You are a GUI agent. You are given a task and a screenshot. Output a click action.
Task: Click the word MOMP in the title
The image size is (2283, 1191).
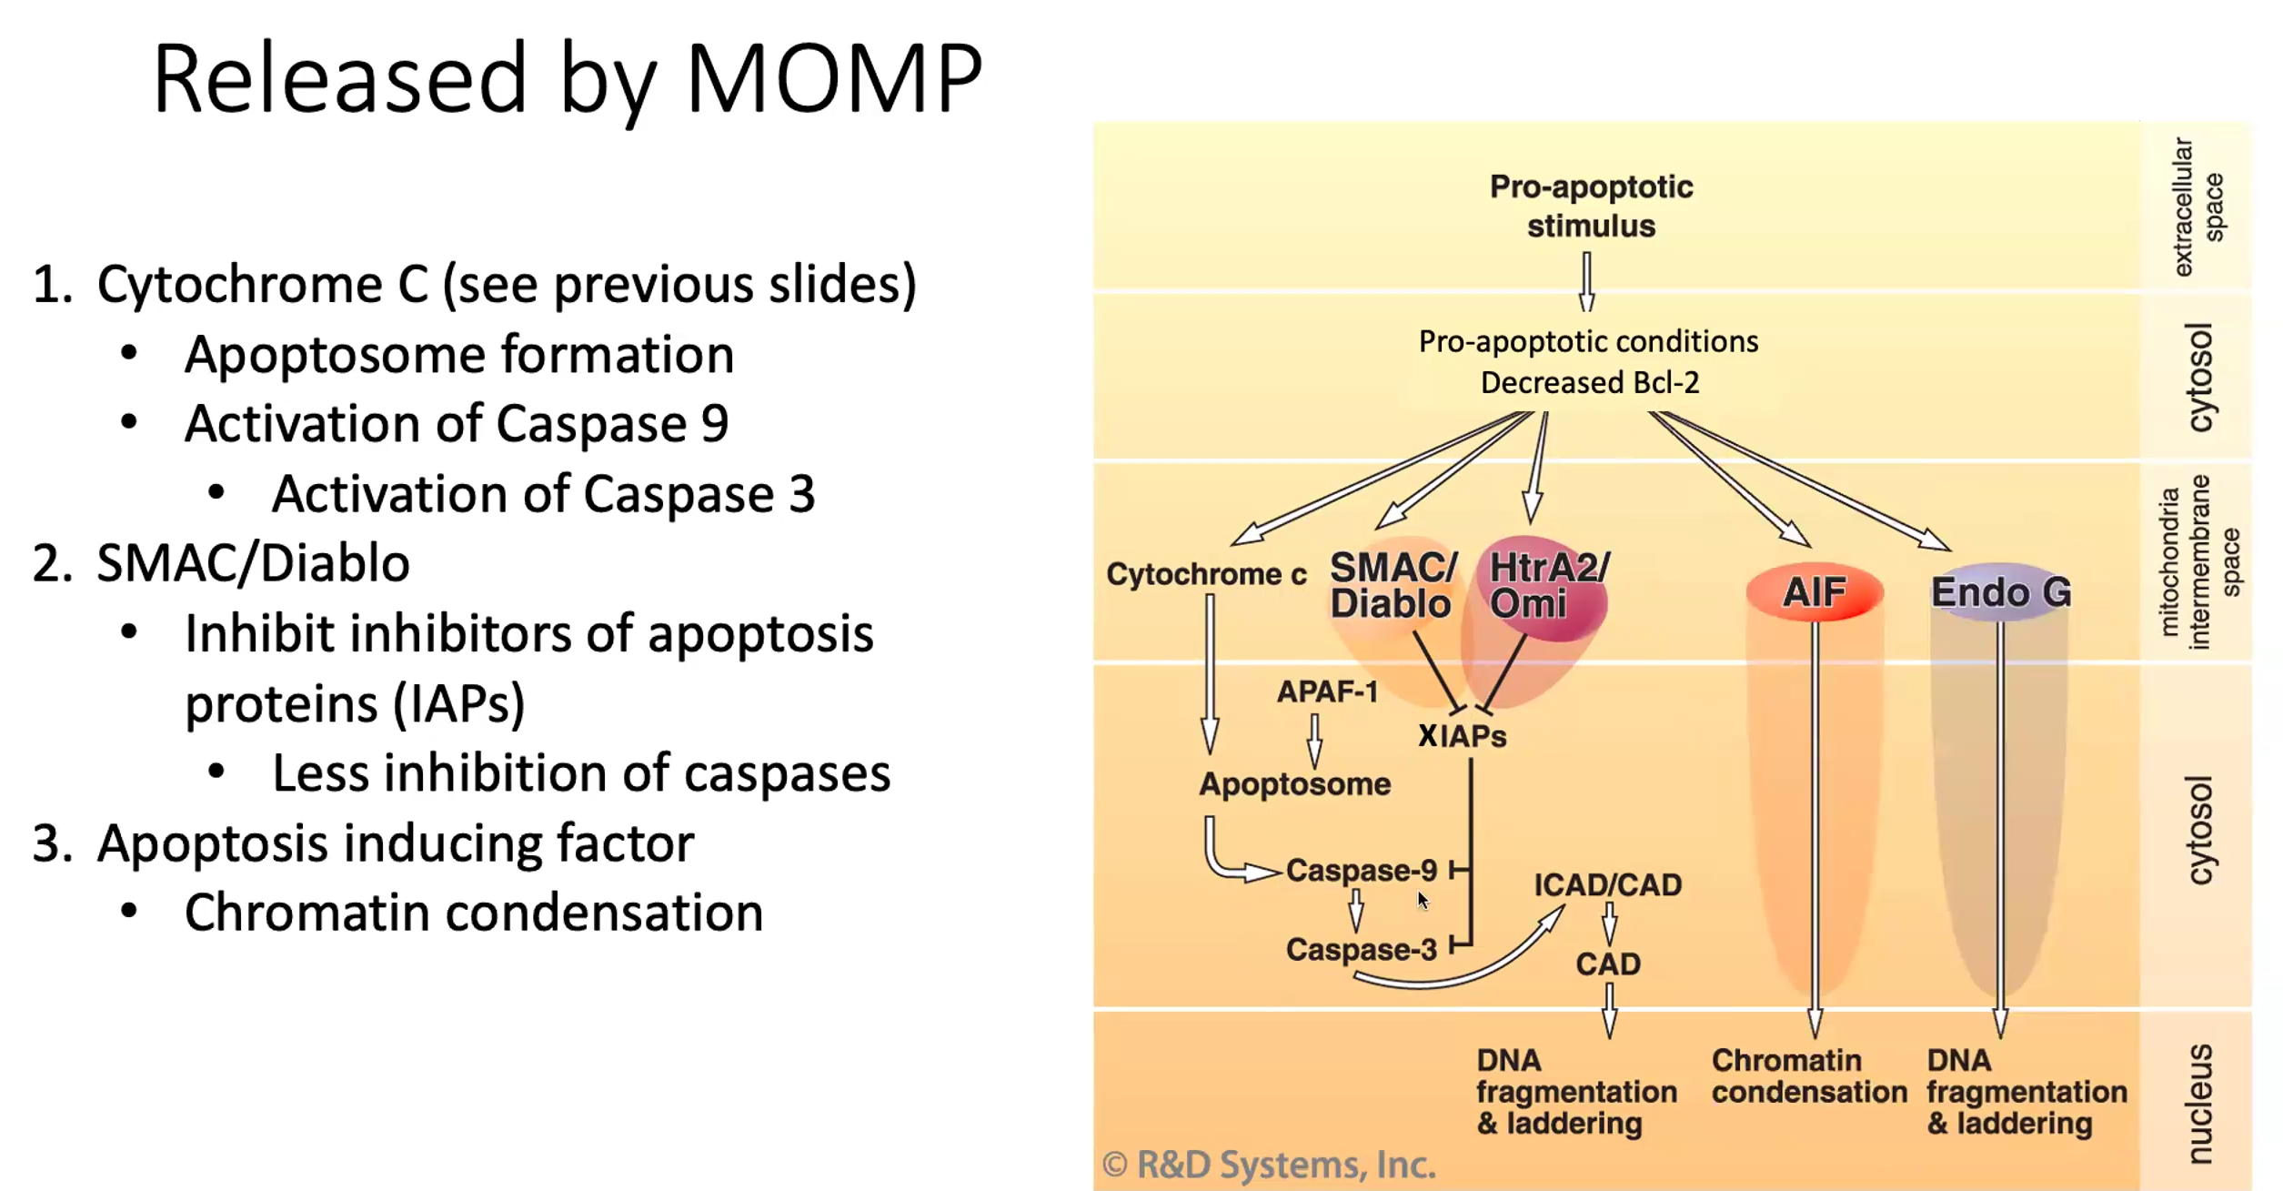(x=834, y=79)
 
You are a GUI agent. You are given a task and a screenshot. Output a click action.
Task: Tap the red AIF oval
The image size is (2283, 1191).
(x=1815, y=592)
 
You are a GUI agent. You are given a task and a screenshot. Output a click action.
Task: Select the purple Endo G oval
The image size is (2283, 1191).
(x=2001, y=592)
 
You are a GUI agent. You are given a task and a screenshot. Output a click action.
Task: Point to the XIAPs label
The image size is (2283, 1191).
(x=1462, y=736)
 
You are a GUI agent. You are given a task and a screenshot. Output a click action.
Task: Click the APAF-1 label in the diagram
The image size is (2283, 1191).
(x=1327, y=691)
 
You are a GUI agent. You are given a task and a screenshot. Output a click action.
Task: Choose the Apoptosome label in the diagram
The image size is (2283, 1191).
(x=1294, y=784)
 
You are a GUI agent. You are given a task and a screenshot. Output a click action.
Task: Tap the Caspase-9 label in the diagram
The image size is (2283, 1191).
(x=1361, y=871)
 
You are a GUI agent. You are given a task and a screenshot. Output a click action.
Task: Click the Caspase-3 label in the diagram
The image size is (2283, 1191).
(x=1361, y=950)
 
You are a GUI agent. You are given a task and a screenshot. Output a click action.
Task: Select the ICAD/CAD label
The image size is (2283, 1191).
(x=1607, y=885)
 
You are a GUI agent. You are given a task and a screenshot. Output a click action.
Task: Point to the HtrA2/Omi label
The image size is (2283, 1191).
(x=1549, y=585)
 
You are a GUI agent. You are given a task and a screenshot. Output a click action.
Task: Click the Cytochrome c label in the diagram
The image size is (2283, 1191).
(x=1206, y=574)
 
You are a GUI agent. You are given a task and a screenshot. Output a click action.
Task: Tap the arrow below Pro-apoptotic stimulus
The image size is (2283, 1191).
(x=1587, y=282)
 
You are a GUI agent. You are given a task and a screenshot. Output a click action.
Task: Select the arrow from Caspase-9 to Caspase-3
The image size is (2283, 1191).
(x=1356, y=910)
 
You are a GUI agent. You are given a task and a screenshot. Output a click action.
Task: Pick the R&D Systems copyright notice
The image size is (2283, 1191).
(x=1269, y=1165)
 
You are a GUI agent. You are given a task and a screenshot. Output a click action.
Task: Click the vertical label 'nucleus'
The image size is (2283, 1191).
(x=2199, y=1104)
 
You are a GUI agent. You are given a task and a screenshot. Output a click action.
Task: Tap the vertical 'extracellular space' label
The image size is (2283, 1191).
(x=2198, y=207)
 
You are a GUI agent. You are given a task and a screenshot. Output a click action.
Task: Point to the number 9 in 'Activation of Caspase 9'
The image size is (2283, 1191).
(x=715, y=424)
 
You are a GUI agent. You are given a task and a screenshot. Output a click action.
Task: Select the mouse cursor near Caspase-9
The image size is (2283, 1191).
(x=1423, y=900)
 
